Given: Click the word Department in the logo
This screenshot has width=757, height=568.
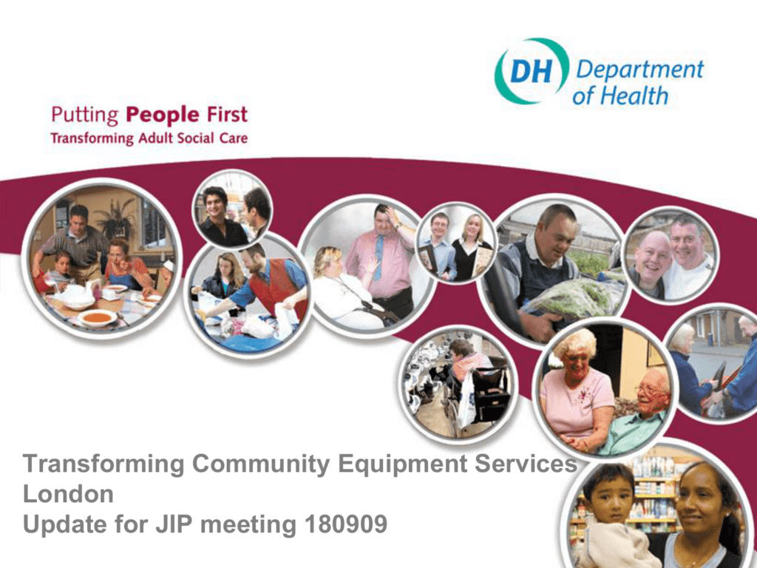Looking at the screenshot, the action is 639,70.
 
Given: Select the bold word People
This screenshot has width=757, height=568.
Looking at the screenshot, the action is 162,115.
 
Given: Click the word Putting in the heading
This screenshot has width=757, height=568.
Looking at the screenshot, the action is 84,116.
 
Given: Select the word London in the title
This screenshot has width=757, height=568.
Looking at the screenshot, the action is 68,493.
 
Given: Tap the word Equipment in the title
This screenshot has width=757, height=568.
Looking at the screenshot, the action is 403,464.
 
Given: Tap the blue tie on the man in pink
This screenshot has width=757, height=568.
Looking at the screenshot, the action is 378,257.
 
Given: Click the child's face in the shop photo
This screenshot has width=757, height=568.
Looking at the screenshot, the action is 611,498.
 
